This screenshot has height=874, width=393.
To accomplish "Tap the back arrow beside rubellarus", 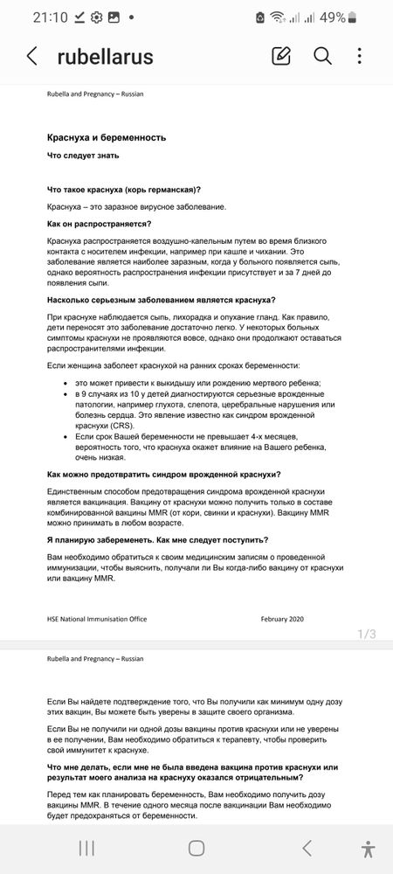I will point(32,57).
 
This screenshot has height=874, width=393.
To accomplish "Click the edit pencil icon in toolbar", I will point(281,57).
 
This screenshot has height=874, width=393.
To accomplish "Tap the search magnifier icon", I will point(322,57).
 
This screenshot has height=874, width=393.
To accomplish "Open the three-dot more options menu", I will point(360,57).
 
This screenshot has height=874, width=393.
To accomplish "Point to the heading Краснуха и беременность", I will point(107,138).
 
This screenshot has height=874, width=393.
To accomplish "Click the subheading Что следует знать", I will point(90,156).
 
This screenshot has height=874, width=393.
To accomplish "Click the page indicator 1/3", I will point(367,635).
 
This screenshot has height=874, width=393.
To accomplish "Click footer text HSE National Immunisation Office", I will point(97,619).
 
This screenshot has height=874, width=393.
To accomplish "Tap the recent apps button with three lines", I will point(87,848).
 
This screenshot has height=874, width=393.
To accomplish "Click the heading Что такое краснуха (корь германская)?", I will point(124,190).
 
